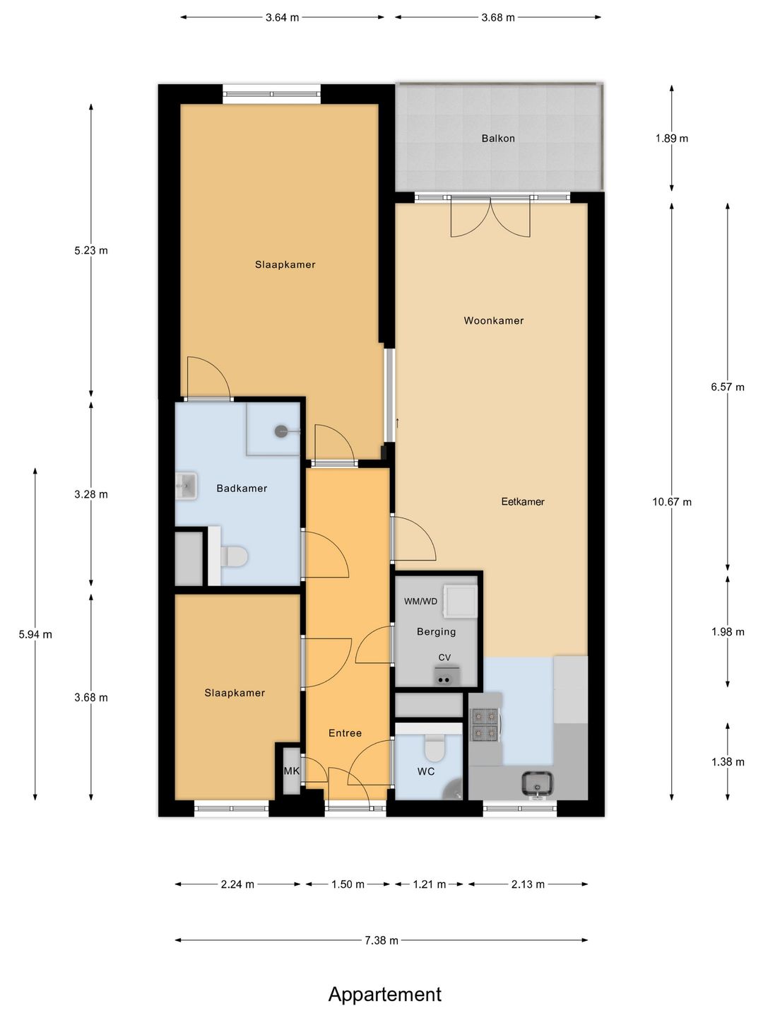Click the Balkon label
pos(497,138)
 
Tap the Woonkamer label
pos(493,320)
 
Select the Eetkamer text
pos(523,501)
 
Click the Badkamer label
pos(242,488)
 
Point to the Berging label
pos(436,632)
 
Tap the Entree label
pos(345,733)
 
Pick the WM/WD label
pos(420,602)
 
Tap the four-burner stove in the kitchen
pos(485,724)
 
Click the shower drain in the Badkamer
pos(280,431)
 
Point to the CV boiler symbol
pos(444,677)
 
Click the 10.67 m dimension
pos(672,501)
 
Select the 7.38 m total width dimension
pos(381,940)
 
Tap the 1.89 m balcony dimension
pos(672,138)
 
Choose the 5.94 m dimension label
pos(35,634)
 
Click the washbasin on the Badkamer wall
pos(187,486)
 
